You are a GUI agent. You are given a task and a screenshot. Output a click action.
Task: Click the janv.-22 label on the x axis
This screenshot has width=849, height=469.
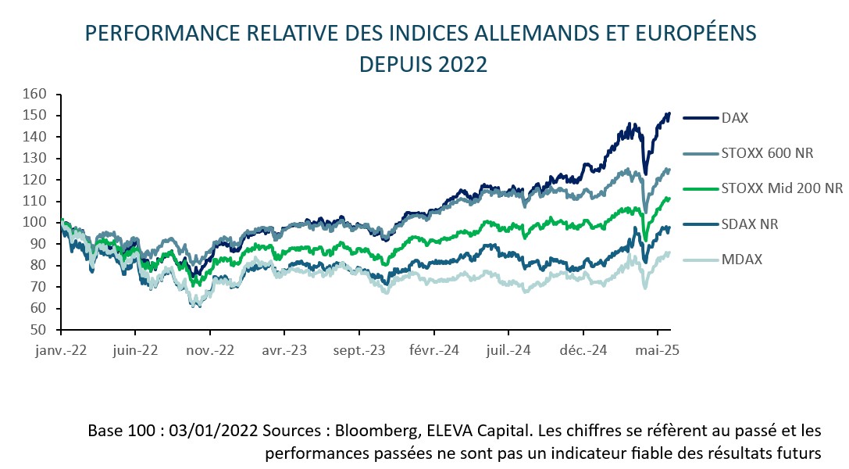[x=61, y=351]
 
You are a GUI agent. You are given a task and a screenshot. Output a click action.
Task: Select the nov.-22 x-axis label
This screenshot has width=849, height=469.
[x=211, y=351]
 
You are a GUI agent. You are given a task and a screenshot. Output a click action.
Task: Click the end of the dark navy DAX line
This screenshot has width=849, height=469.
[x=669, y=113]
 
